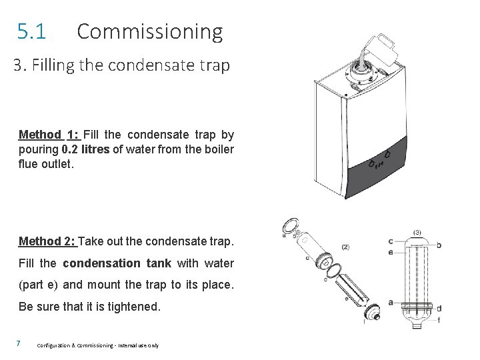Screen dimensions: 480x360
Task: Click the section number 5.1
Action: coord(31,31)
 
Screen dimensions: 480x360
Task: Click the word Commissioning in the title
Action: coord(150,32)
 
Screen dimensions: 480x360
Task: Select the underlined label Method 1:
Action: coord(49,135)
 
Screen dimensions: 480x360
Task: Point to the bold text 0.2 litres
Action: coord(85,149)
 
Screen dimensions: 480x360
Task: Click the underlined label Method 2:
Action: coord(47,241)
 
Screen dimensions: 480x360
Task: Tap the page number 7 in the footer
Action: coord(19,343)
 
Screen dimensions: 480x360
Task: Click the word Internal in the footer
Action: coord(127,345)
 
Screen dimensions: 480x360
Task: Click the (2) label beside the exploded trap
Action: coord(345,247)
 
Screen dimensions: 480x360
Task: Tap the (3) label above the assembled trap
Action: coord(417,233)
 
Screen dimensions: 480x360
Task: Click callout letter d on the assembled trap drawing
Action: coord(439,308)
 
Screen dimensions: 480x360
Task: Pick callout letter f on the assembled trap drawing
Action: coord(439,320)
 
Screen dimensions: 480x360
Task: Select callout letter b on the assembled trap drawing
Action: coord(439,245)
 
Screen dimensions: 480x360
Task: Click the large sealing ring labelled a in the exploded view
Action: coord(290,226)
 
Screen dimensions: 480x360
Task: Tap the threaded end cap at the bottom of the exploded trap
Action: coord(372,311)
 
